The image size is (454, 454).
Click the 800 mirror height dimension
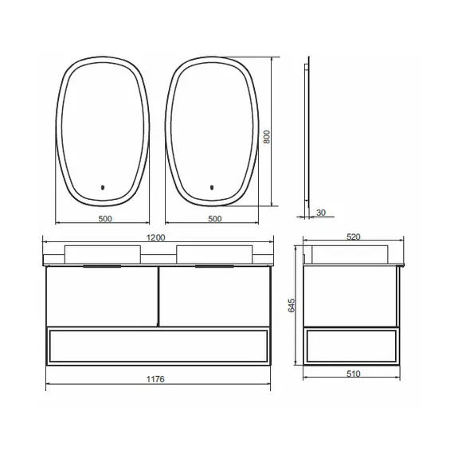coord(267,137)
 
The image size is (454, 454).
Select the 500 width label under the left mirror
coord(105,218)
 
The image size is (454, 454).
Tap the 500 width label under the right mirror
coord(215,218)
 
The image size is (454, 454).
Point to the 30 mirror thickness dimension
coord(321,213)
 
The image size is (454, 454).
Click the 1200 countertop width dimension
coord(156,237)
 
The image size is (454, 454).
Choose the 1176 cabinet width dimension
coord(155,379)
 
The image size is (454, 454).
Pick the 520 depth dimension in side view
coord(353,237)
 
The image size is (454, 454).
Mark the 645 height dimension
coord(292,305)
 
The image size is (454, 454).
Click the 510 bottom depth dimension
coord(353,374)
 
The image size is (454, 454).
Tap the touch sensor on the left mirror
coord(102,188)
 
